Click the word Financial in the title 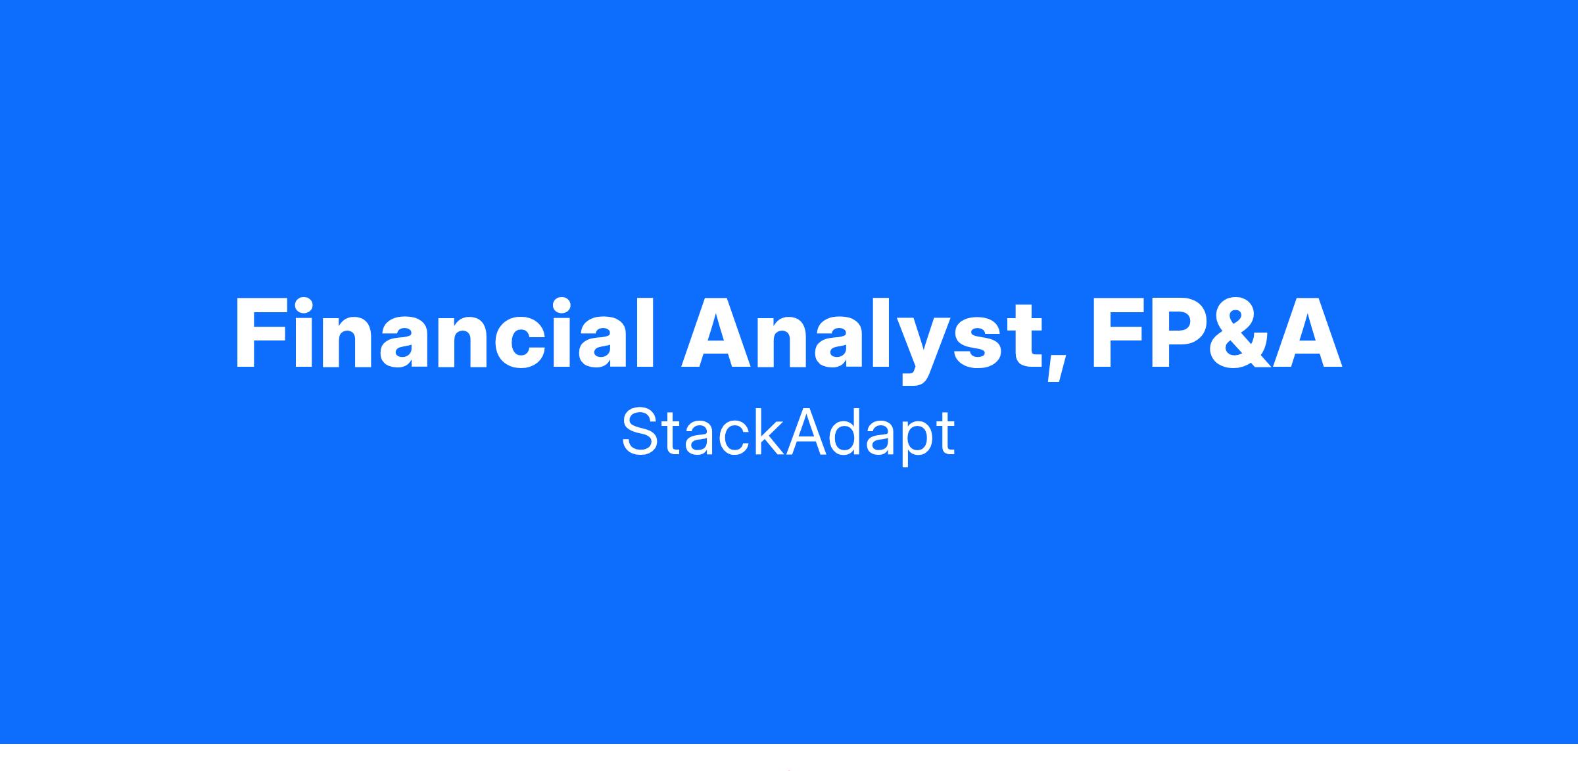pos(445,334)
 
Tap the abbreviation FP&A pos(1216,334)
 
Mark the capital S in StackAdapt pos(641,432)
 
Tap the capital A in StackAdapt pos(806,432)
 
